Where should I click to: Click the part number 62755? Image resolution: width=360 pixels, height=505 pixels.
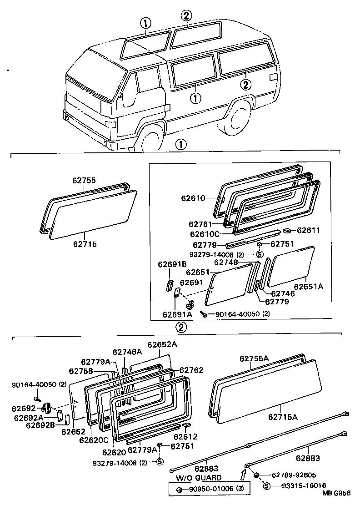point(84,180)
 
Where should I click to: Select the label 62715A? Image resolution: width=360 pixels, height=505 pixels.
point(282,416)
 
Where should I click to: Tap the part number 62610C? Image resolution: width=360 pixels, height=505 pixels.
point(204,234)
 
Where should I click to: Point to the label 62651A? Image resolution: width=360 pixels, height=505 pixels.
point(309,287)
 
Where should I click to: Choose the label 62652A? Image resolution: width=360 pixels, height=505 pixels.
point(161,344)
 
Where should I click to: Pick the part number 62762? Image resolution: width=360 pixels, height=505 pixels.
point(191,370)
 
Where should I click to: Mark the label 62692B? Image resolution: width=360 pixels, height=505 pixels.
point(41,425)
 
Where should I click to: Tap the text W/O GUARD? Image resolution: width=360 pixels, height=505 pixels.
point(199,478)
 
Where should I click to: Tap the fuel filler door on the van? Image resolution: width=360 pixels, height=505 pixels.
point(273,77)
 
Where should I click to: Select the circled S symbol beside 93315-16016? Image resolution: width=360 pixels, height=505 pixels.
point(267,486)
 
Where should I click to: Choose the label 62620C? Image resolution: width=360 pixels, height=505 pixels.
point(93,440)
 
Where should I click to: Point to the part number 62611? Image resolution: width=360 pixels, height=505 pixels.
point(309,231)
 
